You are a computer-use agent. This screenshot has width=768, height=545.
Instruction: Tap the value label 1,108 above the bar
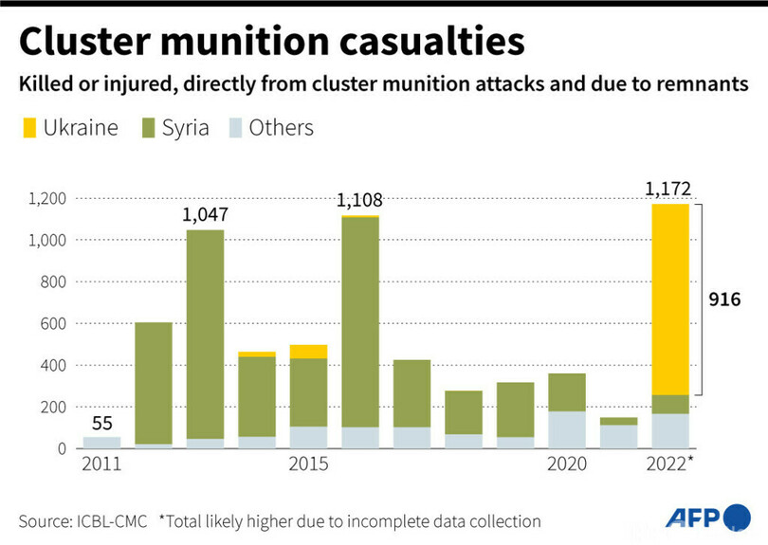(359, 200)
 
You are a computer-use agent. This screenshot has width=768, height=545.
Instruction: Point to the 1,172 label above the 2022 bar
(668, 189)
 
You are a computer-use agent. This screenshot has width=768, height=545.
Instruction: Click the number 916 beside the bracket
(724, 300)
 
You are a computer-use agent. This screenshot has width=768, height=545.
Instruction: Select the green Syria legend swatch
(148, 128)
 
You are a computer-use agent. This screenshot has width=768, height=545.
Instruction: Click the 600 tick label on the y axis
(54, 324)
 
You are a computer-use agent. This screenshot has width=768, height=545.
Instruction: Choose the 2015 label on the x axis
(309, 464)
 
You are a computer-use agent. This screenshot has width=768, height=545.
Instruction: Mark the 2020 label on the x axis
(567, 464)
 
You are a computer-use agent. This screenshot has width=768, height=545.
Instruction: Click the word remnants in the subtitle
(697, 84)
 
